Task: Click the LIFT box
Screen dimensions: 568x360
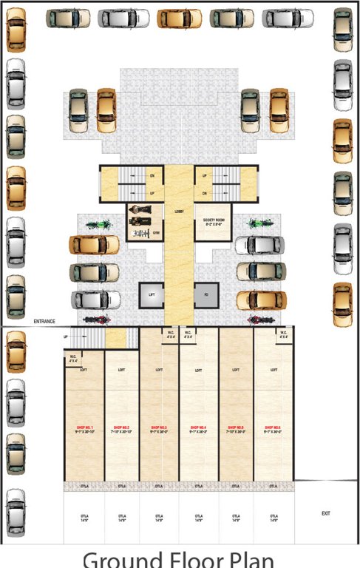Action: click(152, 295)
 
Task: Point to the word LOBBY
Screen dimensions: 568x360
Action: click(178, 212)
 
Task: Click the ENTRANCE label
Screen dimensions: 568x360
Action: click(46, 322)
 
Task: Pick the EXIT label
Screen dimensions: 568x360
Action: click(325, 513)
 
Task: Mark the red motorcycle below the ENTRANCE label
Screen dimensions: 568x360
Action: click(96, 320)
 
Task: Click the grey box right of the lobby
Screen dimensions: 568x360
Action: click(206, 295)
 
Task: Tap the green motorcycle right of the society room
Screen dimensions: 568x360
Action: click(257, 222)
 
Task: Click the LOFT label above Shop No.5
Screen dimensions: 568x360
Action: click(236, 370)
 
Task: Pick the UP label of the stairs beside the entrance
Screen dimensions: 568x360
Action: click(67, 337)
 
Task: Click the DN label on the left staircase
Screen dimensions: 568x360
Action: click(152, 176)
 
